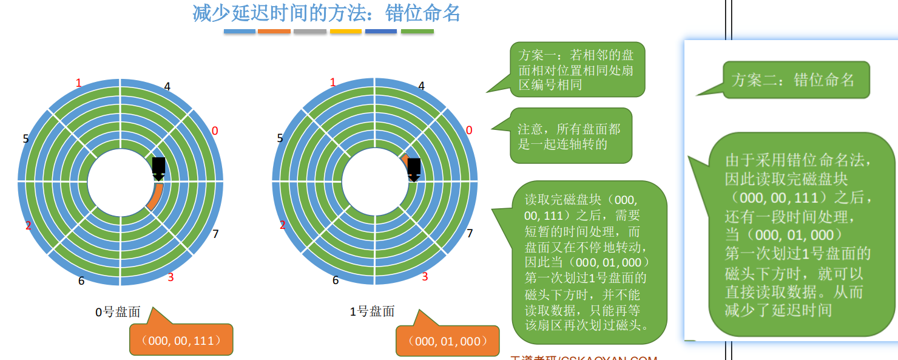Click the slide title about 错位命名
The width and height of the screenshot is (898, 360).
point(326,13)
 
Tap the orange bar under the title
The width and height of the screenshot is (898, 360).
point(274,31)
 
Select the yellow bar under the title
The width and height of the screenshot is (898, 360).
point(346,31)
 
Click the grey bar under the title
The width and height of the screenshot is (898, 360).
point(310,31)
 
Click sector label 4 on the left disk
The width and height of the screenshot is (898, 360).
point(167,86)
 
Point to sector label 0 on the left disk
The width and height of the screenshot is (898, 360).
point(215,131)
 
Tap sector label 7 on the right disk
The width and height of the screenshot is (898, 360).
point(470,233)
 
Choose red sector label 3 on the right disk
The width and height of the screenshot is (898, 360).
point(425,277)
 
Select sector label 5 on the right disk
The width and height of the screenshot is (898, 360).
point(280,138)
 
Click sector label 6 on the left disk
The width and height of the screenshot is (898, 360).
point(81,280)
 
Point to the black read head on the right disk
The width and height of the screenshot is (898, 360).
point(414,168)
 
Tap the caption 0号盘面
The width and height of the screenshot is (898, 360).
point(118,312)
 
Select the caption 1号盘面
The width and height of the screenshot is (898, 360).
point(372,311)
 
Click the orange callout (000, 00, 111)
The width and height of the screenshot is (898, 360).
point(181,340)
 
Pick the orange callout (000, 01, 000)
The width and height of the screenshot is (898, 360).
point(447,341)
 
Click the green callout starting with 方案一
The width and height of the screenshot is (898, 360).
point(576,70)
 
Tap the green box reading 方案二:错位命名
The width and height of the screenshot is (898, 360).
point(795,80)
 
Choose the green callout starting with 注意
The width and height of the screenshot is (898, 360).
point(570,136)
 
